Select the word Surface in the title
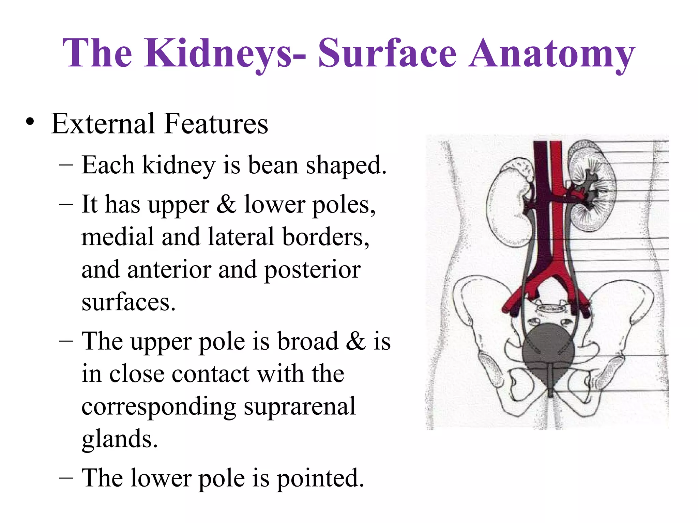point(387,53)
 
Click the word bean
point(273,165)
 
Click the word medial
point(118,237)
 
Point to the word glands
point(120,439)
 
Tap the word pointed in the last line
point(320,478)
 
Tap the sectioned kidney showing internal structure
point(593,186)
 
